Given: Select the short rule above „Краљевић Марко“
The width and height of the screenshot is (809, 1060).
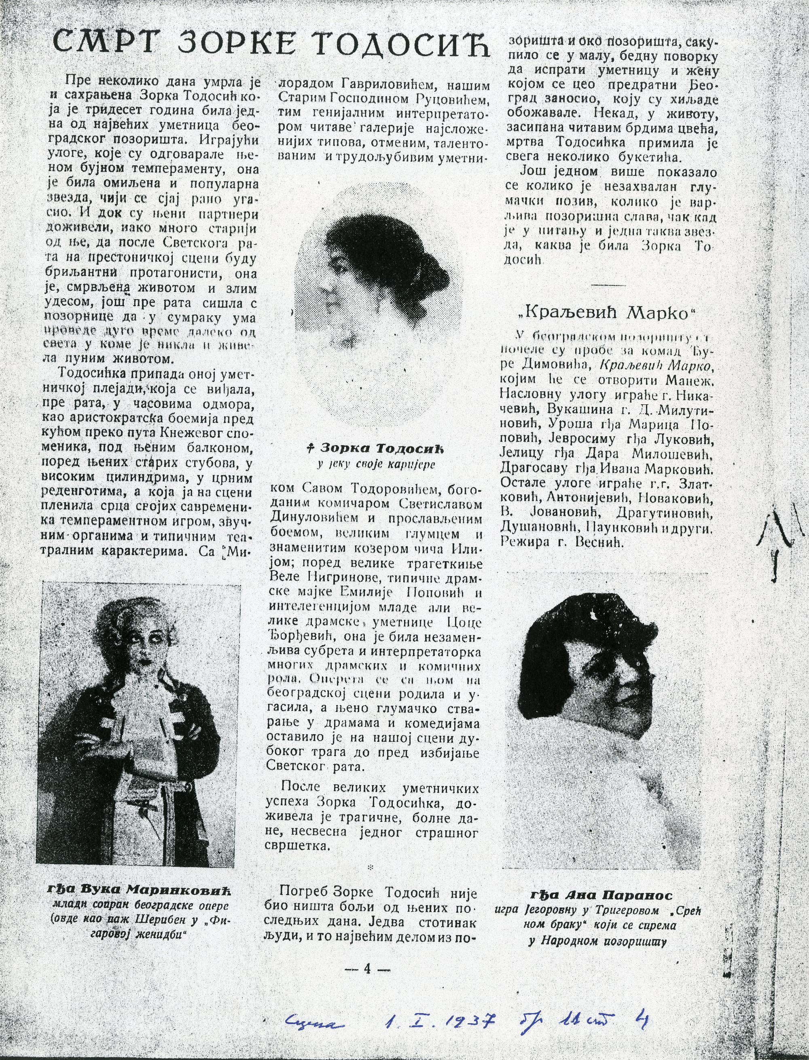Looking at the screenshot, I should [606, 285].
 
